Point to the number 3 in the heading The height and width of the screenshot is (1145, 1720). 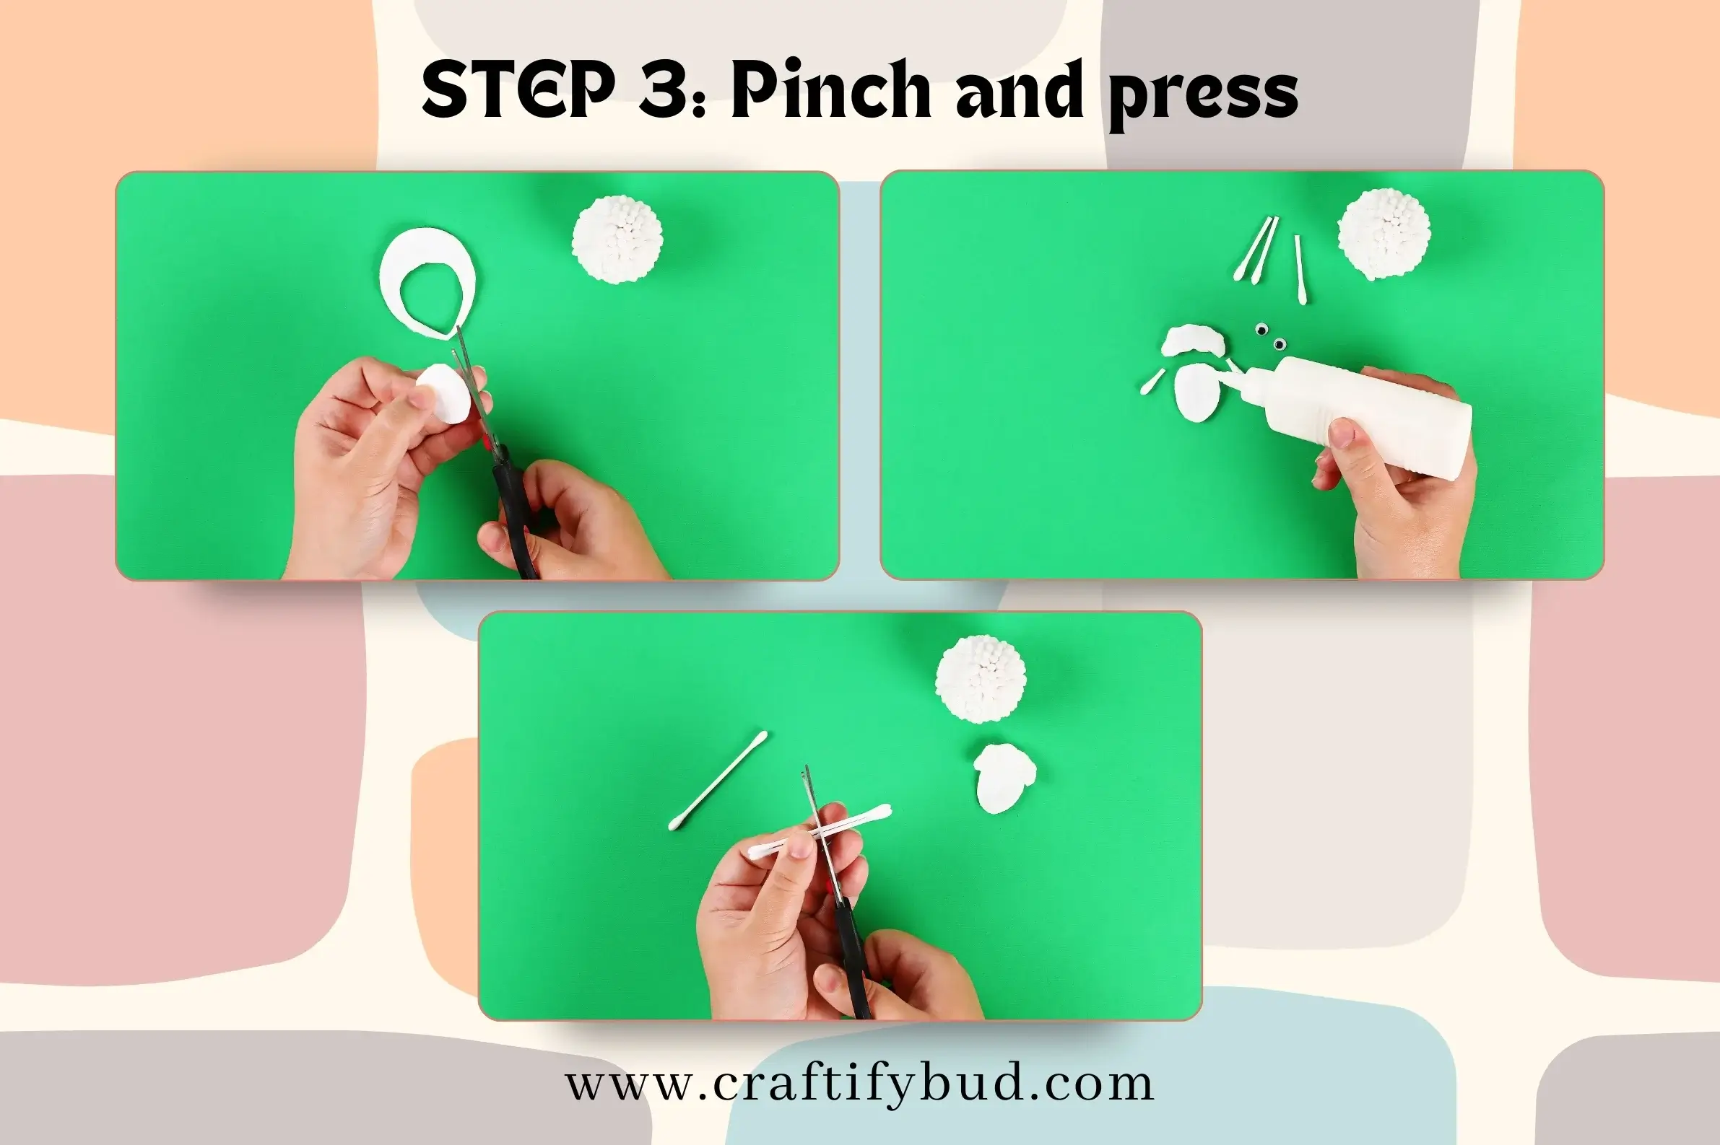[x=664, y=89]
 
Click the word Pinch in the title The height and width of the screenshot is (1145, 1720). [x=832, y=89]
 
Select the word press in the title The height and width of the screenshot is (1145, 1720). [x=1203, y=97]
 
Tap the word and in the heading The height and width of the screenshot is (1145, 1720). [x=1020, y=89]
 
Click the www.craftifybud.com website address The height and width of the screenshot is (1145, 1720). [x=860, y=1085]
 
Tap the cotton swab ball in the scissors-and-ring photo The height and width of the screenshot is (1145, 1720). [x=618, y=239]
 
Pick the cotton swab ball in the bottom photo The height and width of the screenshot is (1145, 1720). [x=981, y=679]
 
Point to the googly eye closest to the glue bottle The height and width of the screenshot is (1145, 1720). [x=1280, y=344]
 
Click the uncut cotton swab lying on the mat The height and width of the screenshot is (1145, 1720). [x=718, y=781]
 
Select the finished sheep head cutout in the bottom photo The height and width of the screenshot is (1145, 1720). [x=1004, y=778]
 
